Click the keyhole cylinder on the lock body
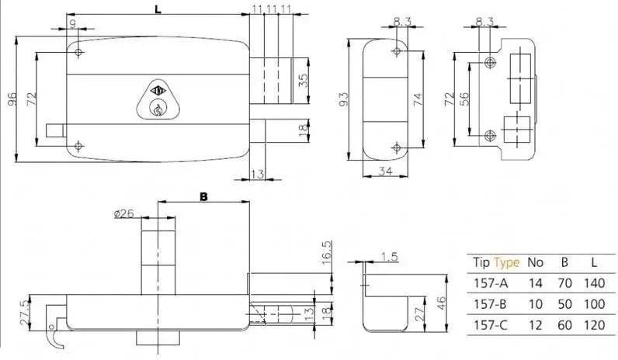click(158, 109)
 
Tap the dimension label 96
click(12, 99)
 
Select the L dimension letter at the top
click(158, 9)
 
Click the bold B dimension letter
click(203, 196)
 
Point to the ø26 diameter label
click(123, 213)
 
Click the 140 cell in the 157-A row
click(594, 282)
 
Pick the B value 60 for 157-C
click(564, 325)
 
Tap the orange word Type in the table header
click(507, 262)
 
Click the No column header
click(535, 262)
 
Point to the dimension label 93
click(343, 99)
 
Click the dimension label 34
click(385, 171)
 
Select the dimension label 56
click(464, 99)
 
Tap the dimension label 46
click(441, 303)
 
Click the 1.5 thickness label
click(390, 256)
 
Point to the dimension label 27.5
click(23, 313)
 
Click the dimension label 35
click(303, 81)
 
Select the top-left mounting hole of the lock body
click(78, 52)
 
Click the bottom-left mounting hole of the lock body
click(78, 147)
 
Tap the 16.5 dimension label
click(327, 252)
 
